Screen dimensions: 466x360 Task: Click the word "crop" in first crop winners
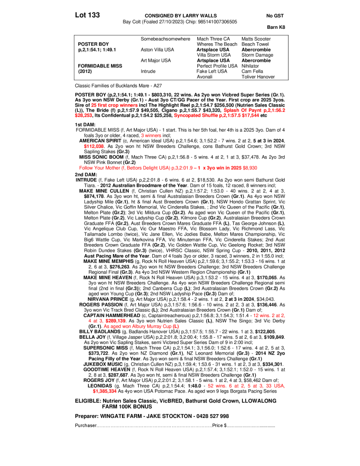click(x=115, y=105)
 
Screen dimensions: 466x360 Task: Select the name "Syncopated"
click(x=187, y=115)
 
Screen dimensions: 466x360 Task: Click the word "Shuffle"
click(x=210, y=115)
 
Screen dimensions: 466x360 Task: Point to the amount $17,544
click(x=251, y=115)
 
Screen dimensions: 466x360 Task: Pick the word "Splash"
click(x=231, y=110)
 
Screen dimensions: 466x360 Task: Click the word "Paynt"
click(x=254, y=110)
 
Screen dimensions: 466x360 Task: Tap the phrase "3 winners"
click(x=151, y=135)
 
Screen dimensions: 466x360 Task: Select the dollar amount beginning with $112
click(x=94, y=146)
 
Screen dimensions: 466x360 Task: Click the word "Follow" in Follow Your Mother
click(x=86, y=168)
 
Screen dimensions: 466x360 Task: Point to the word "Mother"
click(x=112, y=168)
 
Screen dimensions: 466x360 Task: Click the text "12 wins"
click(x=262, y=316)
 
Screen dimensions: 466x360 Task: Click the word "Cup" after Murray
click(x=168, y=326)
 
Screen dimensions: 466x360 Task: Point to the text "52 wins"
click(x=217, y=386)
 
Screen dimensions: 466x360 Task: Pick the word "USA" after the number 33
click(x=279, y=386)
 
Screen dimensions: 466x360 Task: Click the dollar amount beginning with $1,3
click(x=105, y=391)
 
